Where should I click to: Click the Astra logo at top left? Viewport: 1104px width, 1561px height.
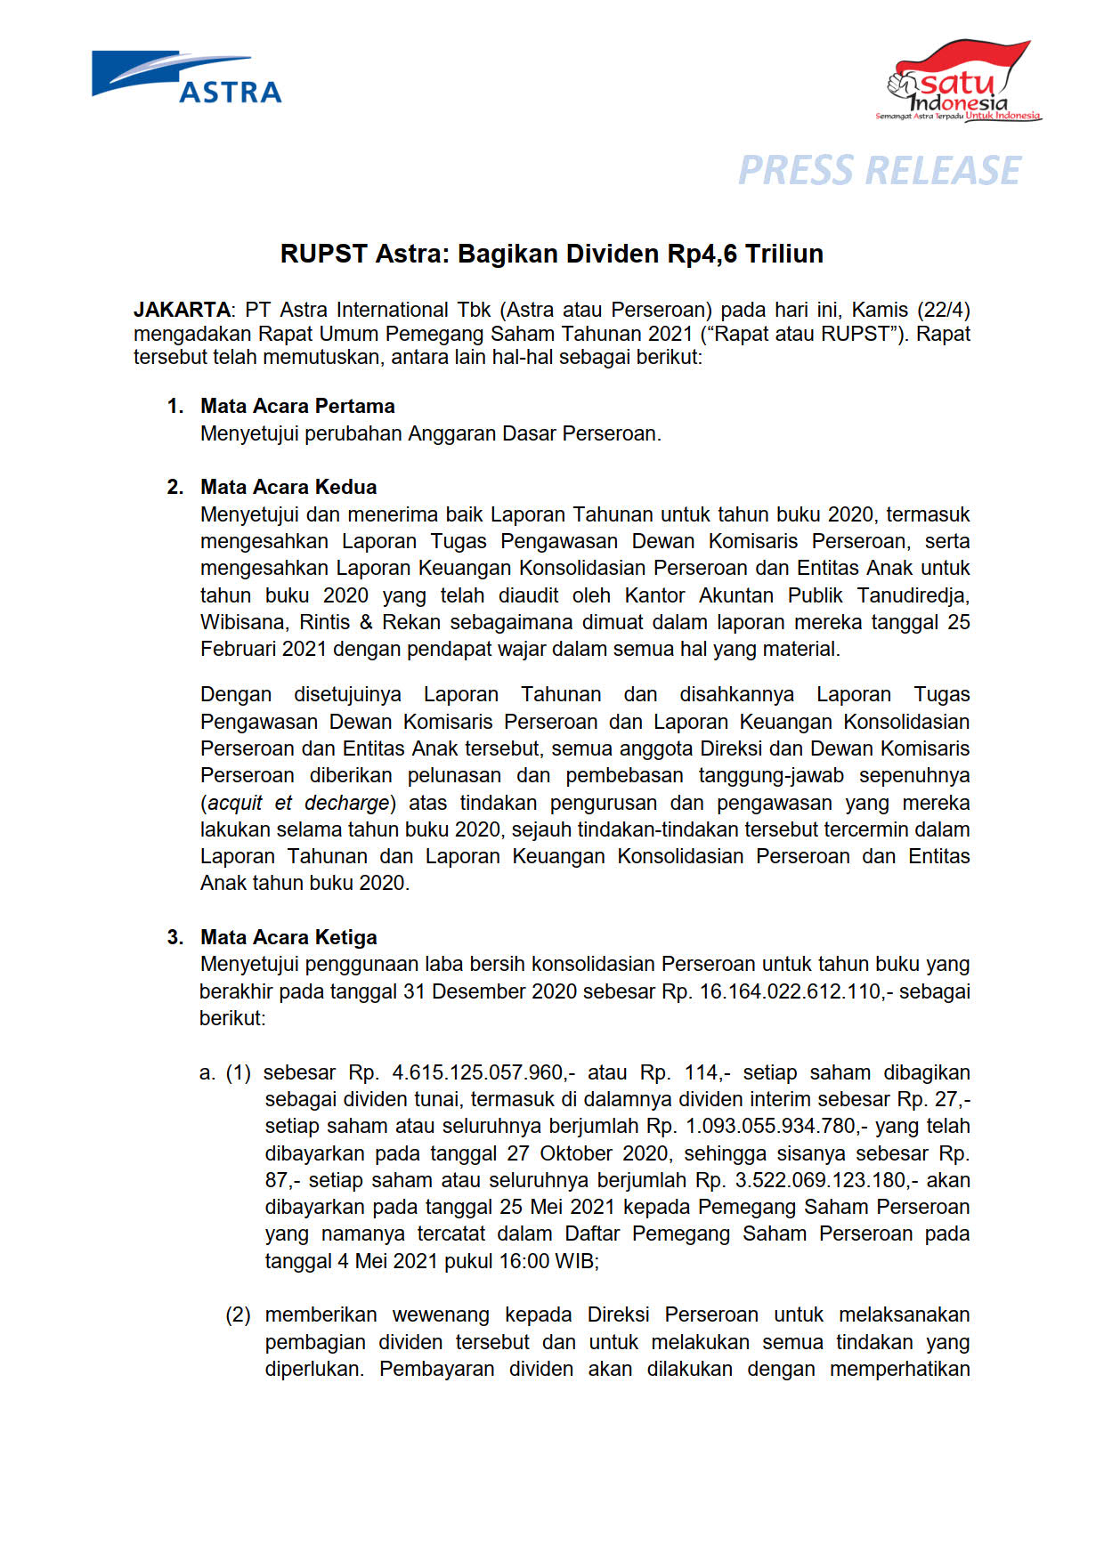pos(187,78)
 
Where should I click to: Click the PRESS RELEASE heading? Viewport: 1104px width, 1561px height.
pos(880,171)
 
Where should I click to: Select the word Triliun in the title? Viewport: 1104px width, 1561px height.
pos(784,255)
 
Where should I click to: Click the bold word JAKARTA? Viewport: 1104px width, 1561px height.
pos(182,310)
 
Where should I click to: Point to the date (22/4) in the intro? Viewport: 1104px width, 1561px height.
pos(944,310)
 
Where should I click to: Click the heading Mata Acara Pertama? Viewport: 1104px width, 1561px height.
pos(297,406)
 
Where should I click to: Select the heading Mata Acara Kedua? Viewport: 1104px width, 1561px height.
pos(288,487)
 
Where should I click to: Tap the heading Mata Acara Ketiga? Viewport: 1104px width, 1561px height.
pos(288,937)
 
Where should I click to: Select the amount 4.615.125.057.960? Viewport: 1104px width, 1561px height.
pos(478,1072)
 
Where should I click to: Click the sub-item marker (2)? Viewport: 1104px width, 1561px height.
pos(238,1314)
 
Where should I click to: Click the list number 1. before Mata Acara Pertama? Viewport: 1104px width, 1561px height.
pos(175,406)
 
